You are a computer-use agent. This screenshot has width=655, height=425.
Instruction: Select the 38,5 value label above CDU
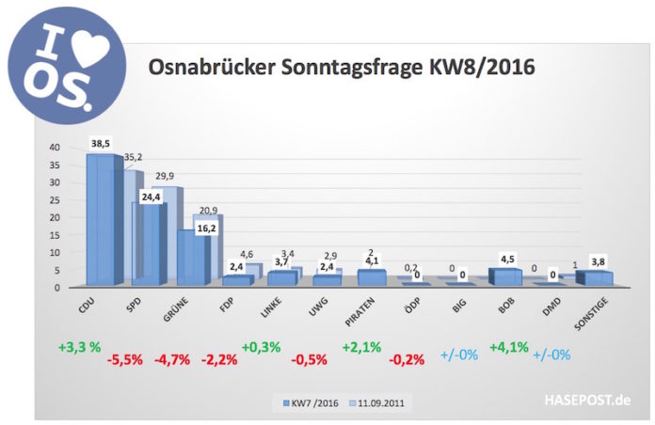point(101,143)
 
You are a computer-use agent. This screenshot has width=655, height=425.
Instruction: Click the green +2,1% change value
point(362,348)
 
